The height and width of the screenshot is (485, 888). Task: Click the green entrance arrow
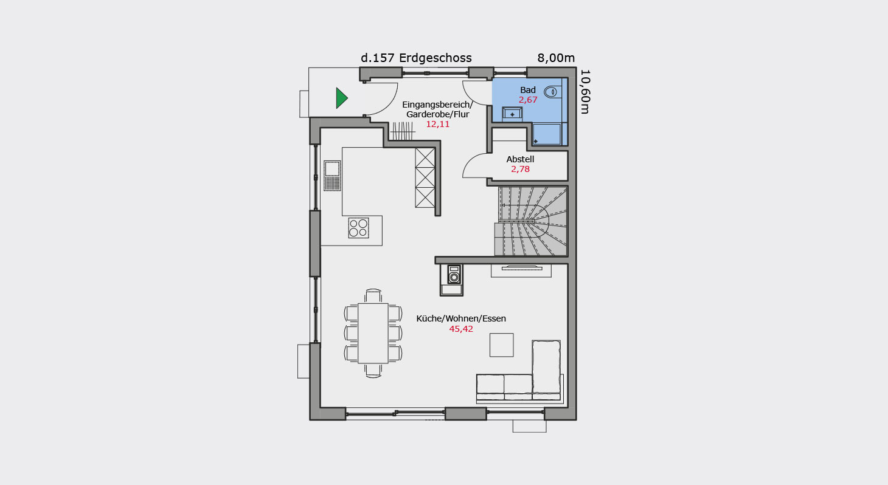point(341,98)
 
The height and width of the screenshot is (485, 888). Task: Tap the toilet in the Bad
point(550,92)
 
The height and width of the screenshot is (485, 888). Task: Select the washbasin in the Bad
point(512,114)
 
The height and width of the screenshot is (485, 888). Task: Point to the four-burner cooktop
point(358,228)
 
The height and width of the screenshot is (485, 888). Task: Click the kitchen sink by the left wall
point(332,176)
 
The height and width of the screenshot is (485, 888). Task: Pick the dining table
point(373,333)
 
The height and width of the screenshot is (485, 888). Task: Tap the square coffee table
point(502,345)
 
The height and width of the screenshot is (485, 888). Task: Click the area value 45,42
point(461,329)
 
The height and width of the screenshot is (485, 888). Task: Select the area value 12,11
point(438,124)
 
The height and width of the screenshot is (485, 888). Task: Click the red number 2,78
point(520,169)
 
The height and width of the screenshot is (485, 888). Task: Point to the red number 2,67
point(528,100)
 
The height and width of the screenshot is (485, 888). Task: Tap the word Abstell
point(520,159)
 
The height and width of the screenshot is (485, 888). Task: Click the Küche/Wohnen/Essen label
point(461,318)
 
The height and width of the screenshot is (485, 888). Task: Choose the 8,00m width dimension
point(556,58)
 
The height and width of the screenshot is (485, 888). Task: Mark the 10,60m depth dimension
point(585,92)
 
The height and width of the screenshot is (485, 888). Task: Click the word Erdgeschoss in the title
point(435,58)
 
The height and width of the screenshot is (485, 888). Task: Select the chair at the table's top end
point(373,296)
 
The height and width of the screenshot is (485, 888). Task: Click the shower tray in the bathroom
point(546,134)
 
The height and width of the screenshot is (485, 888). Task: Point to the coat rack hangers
point(403,131)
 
